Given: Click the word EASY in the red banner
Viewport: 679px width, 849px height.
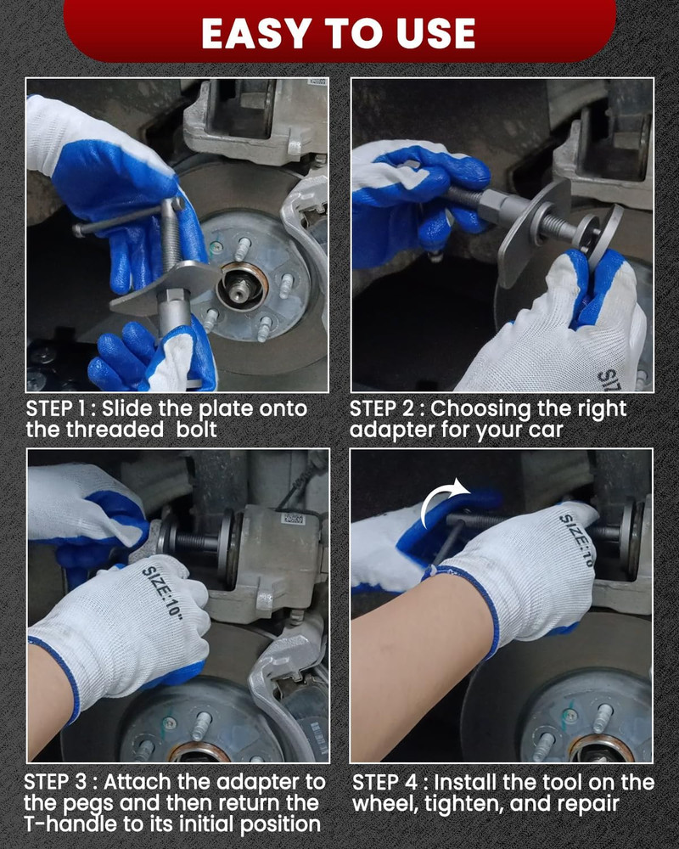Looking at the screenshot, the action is point(257,34).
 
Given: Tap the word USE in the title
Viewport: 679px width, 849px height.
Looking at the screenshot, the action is point(436,34).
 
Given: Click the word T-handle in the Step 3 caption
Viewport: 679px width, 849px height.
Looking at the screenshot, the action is point(70,824).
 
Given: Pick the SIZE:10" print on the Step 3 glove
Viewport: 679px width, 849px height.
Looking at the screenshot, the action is point(163,594).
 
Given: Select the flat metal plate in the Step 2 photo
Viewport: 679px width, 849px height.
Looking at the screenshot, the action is point(532,233).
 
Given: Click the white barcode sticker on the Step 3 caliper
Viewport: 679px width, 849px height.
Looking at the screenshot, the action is point(294,520).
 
